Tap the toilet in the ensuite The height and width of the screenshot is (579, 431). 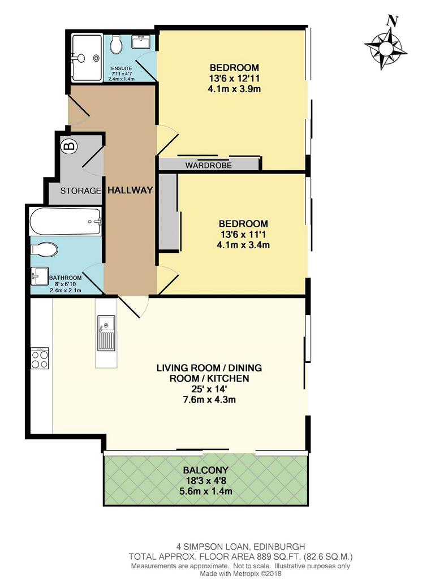pyautogui.click(x=117, y=45)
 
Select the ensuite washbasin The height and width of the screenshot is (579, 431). pyautogui.click(x=141, y=41)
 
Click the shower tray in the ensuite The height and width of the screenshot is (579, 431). pyautogui.click(x=87, y=58)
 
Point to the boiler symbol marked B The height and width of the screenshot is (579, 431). pyautogui.click(x=70, y=146)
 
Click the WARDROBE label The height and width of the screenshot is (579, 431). pyautogui.click(x=209, y=165)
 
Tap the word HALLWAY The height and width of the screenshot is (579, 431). pyautogui.click(x=130, y=190)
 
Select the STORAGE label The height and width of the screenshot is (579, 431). pyautogui.click(x=80, y=191)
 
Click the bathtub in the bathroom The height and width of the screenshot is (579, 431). pyautogui.click(x=66, y=222)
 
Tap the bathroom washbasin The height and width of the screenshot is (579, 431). pyautogui.click(x=40, y=276)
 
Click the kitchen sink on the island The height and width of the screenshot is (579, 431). pyautogui.click(x=106, y=333)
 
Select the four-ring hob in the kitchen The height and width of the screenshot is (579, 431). pyautogui.click(x=40, y=358)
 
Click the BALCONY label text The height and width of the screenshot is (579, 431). pyautogui.click(x=206, y=470)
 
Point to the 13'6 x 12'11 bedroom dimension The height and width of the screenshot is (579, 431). pyautogui.click(x=234, y=78)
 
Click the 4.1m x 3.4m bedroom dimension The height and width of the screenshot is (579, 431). pyautogui.click(x=243, y=244)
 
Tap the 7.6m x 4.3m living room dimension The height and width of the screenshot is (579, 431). pyautogui.click(x=209, y=400)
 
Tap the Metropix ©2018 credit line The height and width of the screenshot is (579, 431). pyautogui.click(x=241, y=573)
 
